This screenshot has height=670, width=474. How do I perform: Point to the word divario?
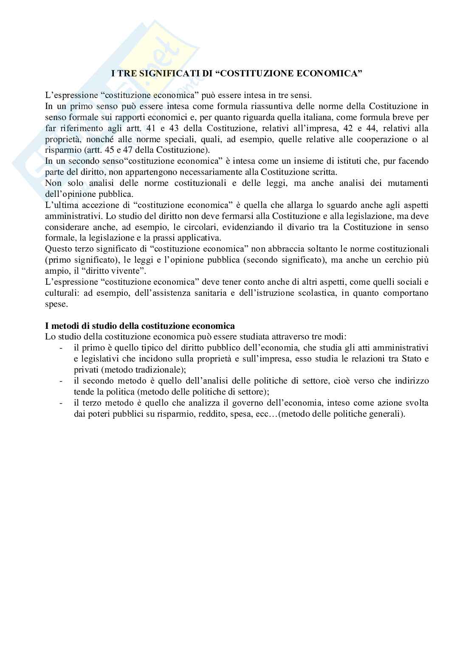tap(299, 227)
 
